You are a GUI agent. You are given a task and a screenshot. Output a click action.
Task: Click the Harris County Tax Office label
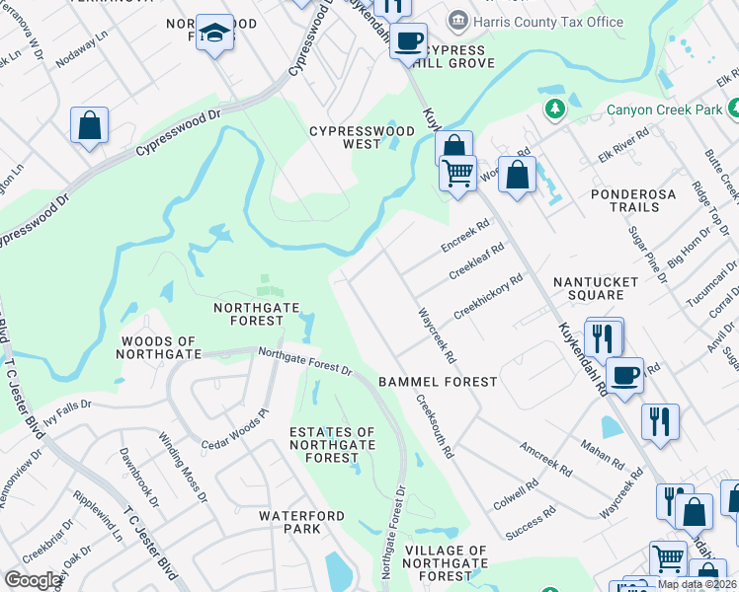coord(548,22)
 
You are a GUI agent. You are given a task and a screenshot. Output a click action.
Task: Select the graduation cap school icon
coord(212,33)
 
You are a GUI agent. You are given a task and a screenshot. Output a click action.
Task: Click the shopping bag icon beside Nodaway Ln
coord(89,125)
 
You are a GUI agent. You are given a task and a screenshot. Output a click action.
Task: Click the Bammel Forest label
coord(436,381)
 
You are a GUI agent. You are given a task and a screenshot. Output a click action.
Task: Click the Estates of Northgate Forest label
coord(332,445)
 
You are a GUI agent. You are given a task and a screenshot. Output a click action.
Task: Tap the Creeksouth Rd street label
coord(436,428)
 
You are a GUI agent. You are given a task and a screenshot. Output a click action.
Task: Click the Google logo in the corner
coord(33,580)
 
